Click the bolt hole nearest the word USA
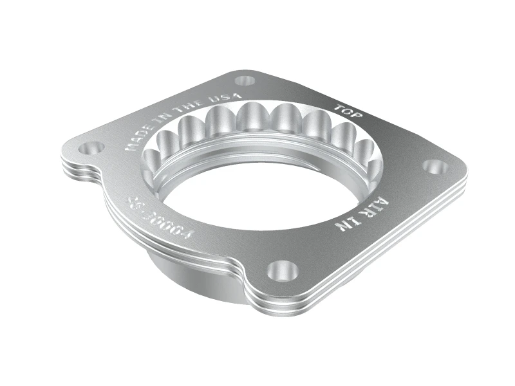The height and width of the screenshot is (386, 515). (x=245, y=81)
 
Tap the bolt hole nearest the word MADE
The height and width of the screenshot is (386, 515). (x=90, y=149)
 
